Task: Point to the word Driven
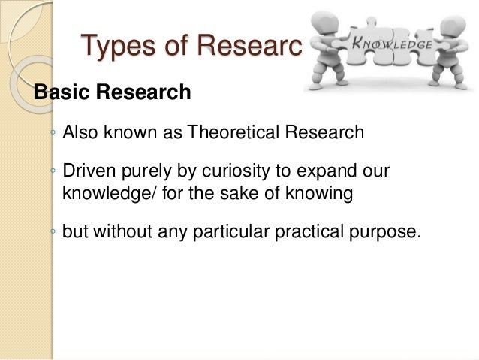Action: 85,171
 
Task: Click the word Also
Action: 79,134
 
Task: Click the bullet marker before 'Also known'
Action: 53,135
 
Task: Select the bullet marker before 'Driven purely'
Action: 53,172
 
